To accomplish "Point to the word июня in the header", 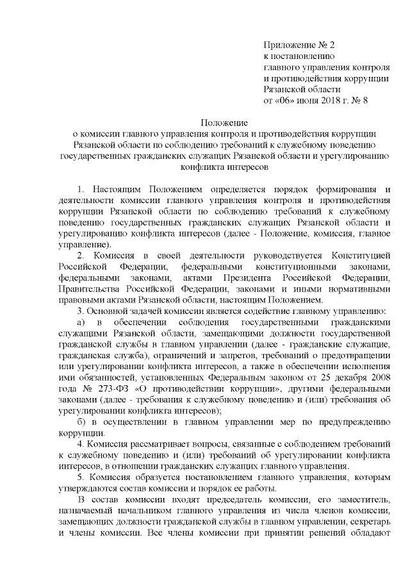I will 308,100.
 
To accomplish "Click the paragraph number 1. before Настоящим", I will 81,189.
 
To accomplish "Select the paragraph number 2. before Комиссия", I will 81,256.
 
